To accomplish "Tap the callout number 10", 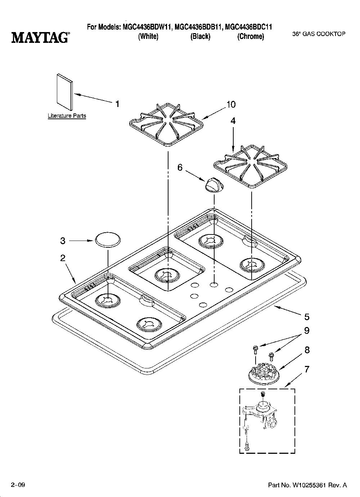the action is tap(231, 104).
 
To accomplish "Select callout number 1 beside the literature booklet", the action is tap(117, 104).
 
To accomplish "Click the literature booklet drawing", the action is tap(64, 92).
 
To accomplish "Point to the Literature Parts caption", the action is tap(67, 116).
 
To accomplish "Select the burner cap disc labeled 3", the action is tap(108, 240).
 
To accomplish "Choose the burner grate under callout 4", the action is tap(250, 167).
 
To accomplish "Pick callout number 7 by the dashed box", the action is tap(306, 370).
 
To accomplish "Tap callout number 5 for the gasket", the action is tap(307, 317).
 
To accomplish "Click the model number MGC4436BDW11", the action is tap(147, 27).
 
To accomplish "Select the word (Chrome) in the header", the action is tap(251, 36).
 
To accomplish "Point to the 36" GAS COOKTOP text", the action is tap(319, 34).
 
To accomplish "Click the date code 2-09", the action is tap(18, 485).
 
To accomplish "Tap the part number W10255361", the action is tap(309, 485).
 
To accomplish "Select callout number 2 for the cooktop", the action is tap(63, 258).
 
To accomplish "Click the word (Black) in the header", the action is tap(200, 36).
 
